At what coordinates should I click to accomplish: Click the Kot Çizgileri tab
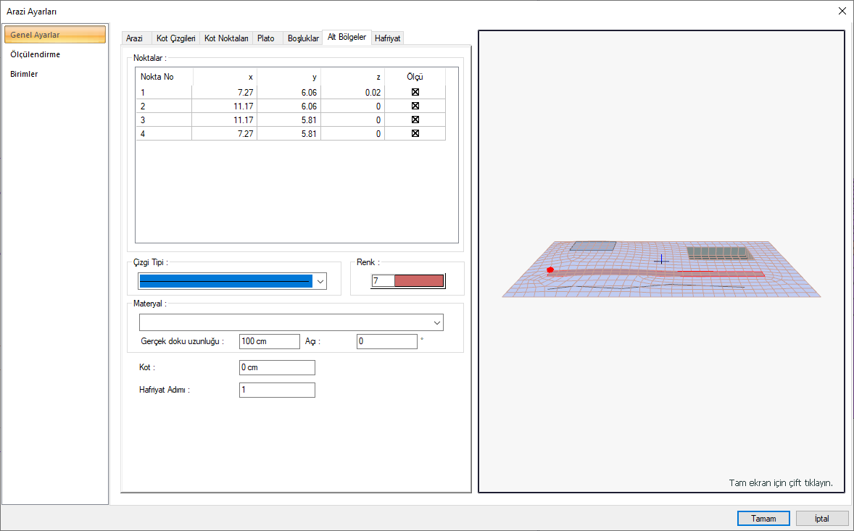point(175,38)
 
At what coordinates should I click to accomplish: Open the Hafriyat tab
point(388,38)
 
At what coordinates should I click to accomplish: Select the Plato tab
point(266,38)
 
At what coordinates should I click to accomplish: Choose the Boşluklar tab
point(303,38)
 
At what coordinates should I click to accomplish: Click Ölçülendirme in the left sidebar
point(36,54)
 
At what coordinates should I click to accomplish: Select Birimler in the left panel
point(24,74)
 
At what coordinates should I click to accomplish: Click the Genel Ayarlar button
point(55,34)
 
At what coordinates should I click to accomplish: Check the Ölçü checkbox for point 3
point(415,120)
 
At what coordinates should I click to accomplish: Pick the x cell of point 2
point(225,106)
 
